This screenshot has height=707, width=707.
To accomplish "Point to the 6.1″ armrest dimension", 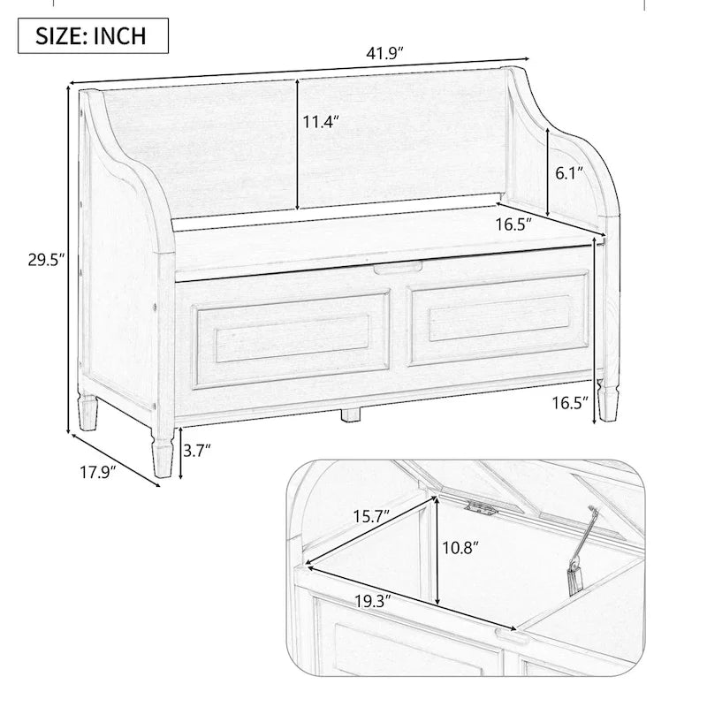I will (x=568, y=174).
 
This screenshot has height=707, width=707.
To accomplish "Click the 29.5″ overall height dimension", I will (x=38, y=261).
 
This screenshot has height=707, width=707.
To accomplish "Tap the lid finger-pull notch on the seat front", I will (x=394, y=267).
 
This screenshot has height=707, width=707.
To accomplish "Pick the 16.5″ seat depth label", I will (x=513, y=224).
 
